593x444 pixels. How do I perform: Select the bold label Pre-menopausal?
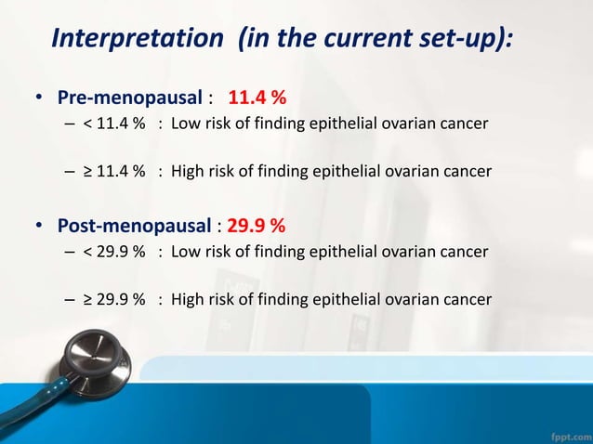[130, 98]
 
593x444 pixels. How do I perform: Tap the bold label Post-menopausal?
[134, 226]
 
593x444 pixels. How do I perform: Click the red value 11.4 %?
[257, 98]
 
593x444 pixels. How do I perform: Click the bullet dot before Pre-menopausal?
[40, 98]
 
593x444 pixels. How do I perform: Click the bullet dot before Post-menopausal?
[40, 227]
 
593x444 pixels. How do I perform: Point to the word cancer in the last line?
[464, 299]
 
